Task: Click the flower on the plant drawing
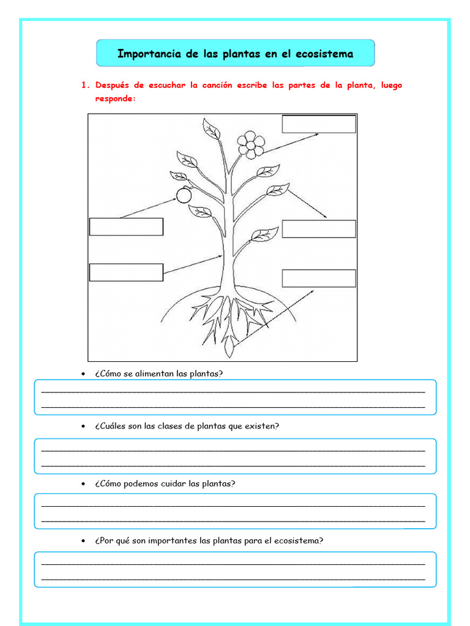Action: click(251, 144)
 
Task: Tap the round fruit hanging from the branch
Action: click(184, 195)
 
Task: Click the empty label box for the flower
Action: click(318, 123)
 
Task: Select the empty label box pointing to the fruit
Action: click(126, 227)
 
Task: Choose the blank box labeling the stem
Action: click(126, 273)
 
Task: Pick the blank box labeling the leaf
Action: click(318, 229)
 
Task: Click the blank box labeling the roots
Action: click(318, 278)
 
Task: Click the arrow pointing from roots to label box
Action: click(275, 315)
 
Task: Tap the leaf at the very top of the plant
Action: click(211, 130)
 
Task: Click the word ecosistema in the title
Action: click(324, 54)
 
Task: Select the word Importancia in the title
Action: click(149, 54)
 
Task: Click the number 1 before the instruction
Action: click(83, 86)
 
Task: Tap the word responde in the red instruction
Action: click(114, 98)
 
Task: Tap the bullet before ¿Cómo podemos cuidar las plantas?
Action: click(83, 484)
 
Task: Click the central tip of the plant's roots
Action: click(229, 352)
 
